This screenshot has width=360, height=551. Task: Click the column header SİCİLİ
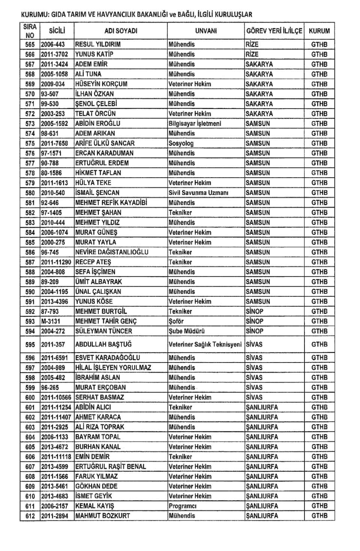57,31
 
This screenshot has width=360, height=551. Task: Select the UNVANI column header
206,31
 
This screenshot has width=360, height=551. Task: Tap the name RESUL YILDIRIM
98,44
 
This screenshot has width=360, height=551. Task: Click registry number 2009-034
52,84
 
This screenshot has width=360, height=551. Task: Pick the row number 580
30,193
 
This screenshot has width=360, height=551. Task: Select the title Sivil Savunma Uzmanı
198,193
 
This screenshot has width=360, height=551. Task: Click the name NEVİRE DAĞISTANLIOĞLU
112,252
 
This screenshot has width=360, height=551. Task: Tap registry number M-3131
50,321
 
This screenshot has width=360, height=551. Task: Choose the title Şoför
176,321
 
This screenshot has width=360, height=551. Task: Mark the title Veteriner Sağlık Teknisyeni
205,344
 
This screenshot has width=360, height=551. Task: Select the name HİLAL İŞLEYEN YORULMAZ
113,368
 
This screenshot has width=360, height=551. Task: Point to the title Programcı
183,506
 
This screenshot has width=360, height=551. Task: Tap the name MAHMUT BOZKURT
103,516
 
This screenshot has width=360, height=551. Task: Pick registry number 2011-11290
56,262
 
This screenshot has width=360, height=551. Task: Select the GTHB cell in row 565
319,44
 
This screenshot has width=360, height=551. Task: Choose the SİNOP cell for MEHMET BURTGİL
255,311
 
